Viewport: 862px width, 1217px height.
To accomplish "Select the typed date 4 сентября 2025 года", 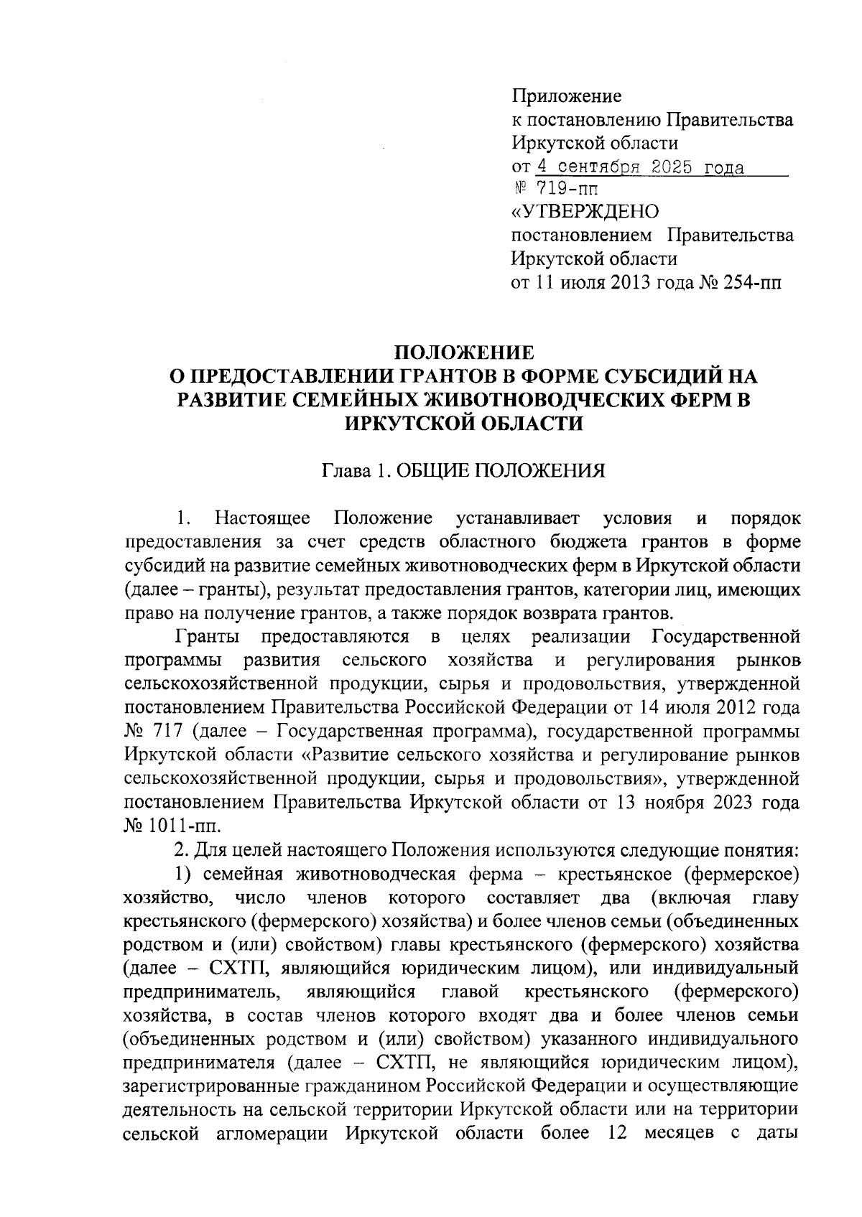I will [x=640, y=167].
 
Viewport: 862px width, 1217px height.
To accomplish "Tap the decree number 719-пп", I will [x=567, y=190].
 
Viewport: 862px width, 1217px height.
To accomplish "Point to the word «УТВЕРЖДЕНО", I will [x=585, y=213].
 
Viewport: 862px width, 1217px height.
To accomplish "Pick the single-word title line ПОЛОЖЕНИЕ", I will [x=464, y=353].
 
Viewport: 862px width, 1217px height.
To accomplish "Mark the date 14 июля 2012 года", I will [x=718, y=708].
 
